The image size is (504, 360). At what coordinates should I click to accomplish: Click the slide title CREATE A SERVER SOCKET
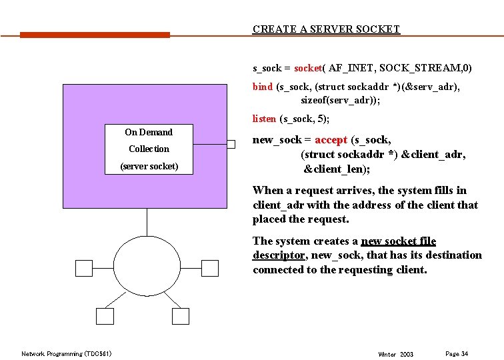(326, 29)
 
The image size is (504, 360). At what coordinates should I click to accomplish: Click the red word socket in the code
(308, 68)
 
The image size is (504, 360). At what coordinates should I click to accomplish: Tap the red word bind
(263, 87)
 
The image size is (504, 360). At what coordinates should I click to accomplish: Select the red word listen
(265, 119)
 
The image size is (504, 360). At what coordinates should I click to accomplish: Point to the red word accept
(331, 140)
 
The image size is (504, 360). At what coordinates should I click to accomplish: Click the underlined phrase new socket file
(398, 241)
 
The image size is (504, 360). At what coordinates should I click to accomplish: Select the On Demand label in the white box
(149, 132)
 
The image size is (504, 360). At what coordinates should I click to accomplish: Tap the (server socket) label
(149, 166)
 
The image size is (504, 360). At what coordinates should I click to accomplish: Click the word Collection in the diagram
(149, 149)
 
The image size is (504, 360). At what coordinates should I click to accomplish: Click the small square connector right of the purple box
(231, 144)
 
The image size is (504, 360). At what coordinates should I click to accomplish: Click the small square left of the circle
(84, 268)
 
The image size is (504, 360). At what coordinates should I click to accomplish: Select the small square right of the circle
(210, 268)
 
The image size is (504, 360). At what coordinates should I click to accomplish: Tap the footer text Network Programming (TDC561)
(67, 353)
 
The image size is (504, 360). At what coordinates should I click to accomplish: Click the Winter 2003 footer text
(395, 354)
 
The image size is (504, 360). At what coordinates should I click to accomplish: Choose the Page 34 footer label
(456, 353)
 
